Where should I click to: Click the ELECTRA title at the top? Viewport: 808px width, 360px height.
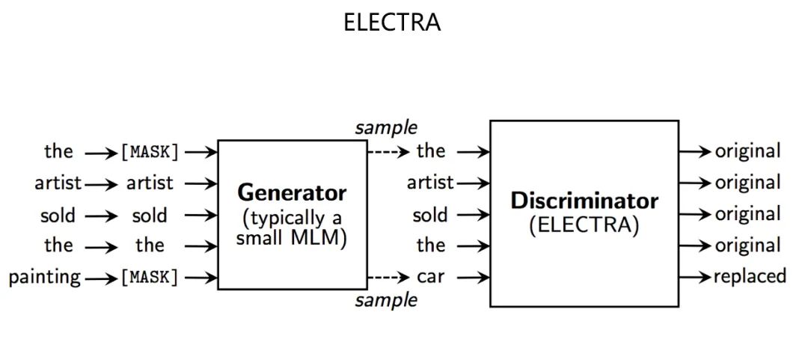pos(391,22)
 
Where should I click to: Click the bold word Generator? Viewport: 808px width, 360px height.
pos(292,193)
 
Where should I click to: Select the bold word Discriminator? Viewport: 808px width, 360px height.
pos(584,201)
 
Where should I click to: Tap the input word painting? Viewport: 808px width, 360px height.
pos(45,278)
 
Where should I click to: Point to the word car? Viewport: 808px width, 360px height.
pos(430,277)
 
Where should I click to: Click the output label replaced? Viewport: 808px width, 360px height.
pos(750,276)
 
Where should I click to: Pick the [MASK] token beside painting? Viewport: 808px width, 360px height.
pos(150,278)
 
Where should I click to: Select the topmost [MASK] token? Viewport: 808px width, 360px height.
pos(150,152)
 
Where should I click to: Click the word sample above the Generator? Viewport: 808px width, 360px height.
pos(386,127)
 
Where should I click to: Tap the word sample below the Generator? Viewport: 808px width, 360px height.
pos(386,301)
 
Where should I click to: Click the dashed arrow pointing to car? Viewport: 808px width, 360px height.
pos(388,277)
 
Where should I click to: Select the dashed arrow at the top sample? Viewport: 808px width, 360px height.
pos(388,152)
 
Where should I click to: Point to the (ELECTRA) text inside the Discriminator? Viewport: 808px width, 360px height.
pos(584,225)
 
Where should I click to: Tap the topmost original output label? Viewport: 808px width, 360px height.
pos(747,151)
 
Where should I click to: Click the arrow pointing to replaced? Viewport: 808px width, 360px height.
pos(694,276)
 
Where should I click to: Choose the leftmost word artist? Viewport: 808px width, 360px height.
pos(58,183)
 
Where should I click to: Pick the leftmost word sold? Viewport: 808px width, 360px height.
pos(58,216)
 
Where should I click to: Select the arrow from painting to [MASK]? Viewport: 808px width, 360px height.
pos(102,278)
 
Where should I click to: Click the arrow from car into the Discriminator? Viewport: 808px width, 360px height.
pos(473,277)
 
